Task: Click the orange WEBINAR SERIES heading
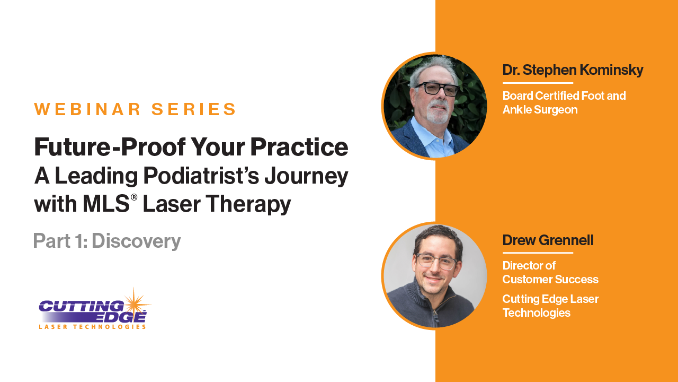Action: (x=135, y=109)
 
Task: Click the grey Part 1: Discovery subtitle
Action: (x=107, y=241)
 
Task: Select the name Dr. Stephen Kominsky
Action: (x=573, y=70)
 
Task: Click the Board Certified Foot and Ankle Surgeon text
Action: (x=564, y=102)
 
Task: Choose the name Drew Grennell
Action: (x=548, y=240)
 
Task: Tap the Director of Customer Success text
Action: (x=550, y=272)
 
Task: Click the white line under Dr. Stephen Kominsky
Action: (x=538, y=83)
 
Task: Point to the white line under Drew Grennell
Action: (x=538, y=253)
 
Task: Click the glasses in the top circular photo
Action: (x=437, y=89)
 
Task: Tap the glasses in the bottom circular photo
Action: (x=435, y=261)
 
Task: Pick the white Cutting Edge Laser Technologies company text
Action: (x=550, y=306)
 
